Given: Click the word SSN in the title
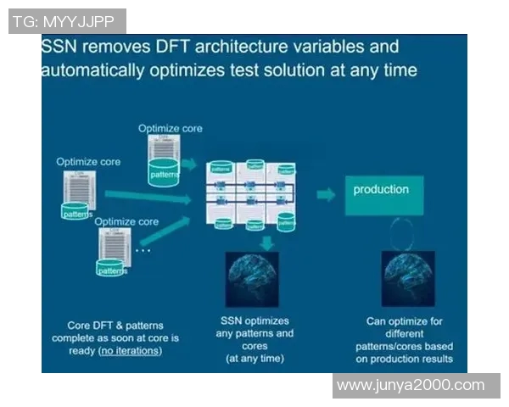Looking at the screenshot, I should click(x=62, y=47).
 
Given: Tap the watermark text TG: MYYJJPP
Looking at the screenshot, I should click(x=67, y=21).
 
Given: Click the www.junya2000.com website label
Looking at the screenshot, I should click(x=416, y=385).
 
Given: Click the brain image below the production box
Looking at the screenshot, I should click(x=408, y=278).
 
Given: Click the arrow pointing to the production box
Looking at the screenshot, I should click(x=326, y=195).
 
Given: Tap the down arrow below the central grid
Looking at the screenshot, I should click(x=266, y=242).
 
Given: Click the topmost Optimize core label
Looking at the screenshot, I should click(x=171, y=127).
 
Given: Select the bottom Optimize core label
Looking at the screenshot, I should click(x=126, y=221).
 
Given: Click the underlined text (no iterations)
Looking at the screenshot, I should click(x=130, y=350).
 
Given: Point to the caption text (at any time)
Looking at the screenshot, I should click(x=255, y=359).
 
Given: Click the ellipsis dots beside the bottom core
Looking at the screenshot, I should click(x=143, y=250).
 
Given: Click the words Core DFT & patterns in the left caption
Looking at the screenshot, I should click(x=115, y=326).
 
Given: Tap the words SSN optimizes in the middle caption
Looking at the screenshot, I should click(x=255, y=321).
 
